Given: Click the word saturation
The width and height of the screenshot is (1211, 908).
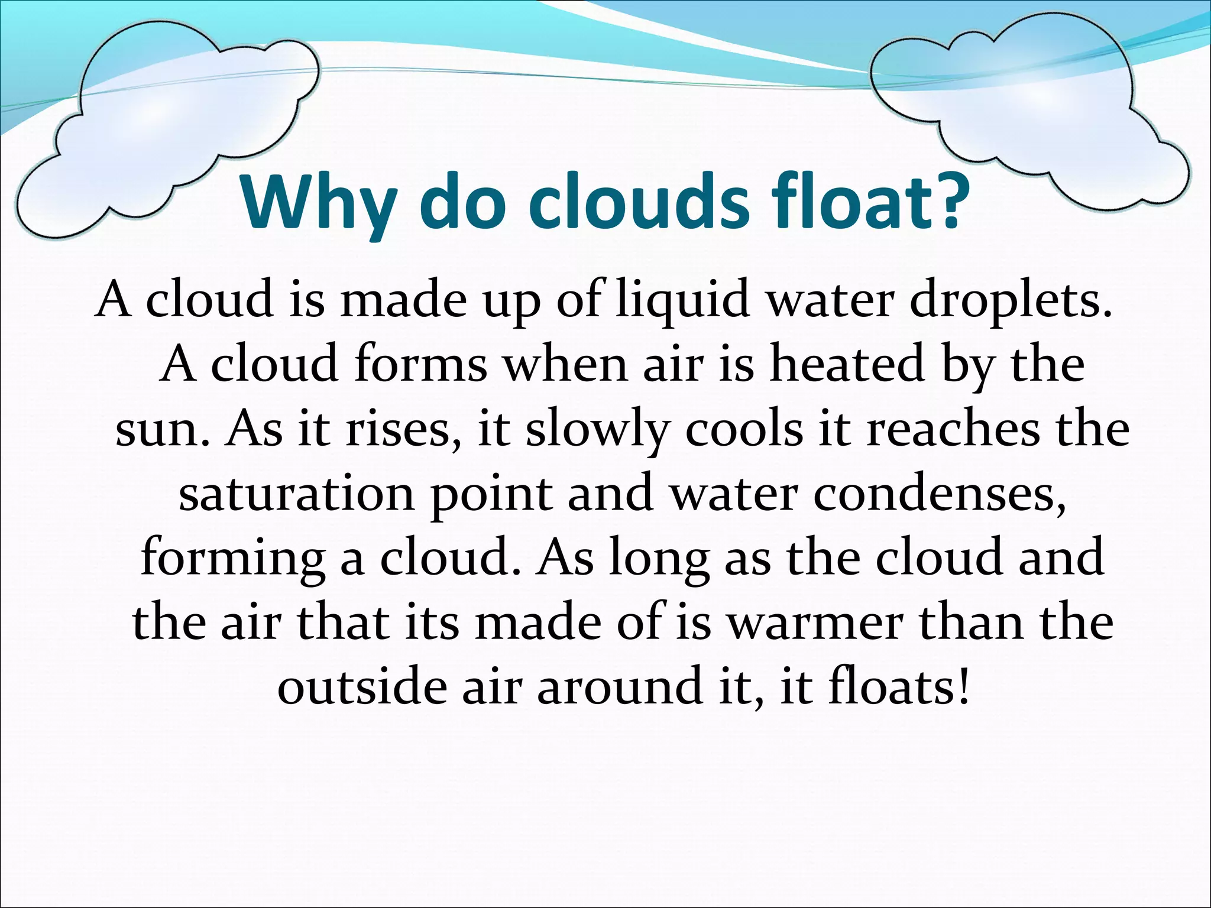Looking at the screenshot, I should [296, 494].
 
